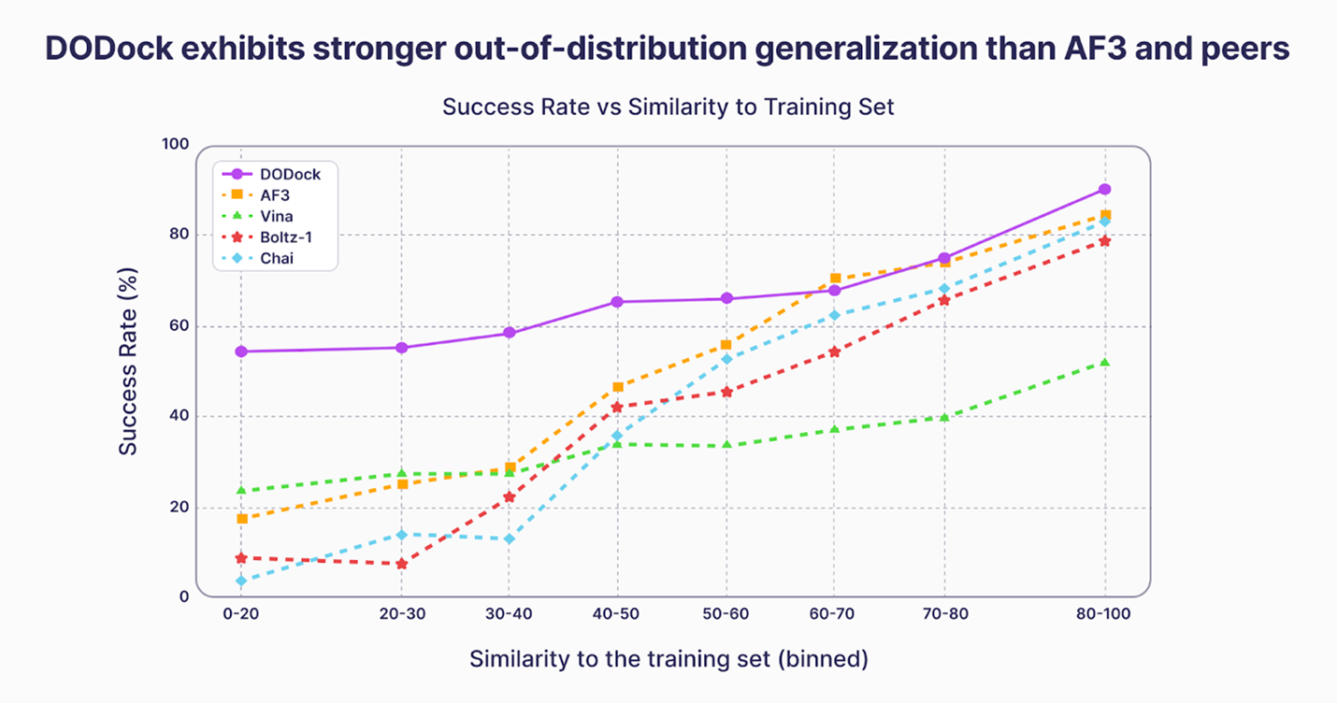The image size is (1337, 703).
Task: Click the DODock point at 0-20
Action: [241, 351]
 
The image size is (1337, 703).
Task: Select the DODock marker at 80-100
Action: [1105, 190]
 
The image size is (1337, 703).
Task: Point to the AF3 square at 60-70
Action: [835, 279]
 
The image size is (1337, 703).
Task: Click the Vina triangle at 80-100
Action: [1105, 362]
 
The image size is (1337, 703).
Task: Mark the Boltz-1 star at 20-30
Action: [402, 564]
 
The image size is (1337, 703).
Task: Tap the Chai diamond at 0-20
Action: [241, 581]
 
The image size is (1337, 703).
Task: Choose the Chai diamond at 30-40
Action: [509, 539]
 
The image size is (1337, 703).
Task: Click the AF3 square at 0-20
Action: [241, 519]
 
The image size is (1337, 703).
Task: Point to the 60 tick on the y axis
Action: [176, 326]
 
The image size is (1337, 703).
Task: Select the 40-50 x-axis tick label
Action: [617, 614]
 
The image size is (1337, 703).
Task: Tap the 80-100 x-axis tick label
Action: [1105, 614]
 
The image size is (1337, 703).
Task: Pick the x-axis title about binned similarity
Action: [668, 659]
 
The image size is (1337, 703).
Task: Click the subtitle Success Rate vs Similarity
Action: [668, 107]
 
